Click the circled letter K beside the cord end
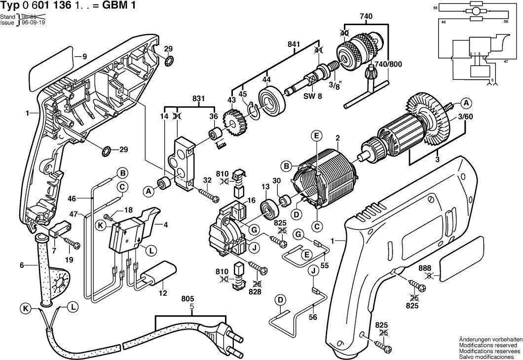[x=24, y=309]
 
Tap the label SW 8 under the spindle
[x=312, y=97]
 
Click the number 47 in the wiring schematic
[x=505, y=62]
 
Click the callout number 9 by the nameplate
[x=84, y=57]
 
